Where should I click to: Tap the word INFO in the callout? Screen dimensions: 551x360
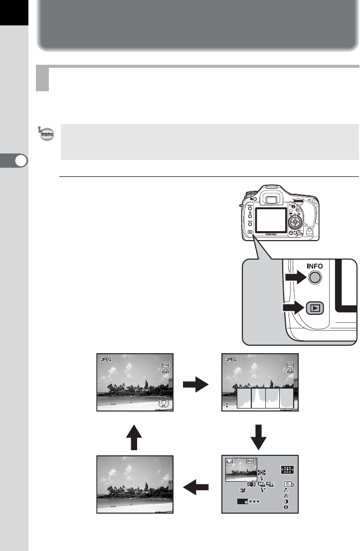pos(312,267)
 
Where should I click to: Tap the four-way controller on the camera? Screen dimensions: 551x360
pos(296,220)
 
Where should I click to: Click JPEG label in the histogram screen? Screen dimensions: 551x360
pos(231,358)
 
